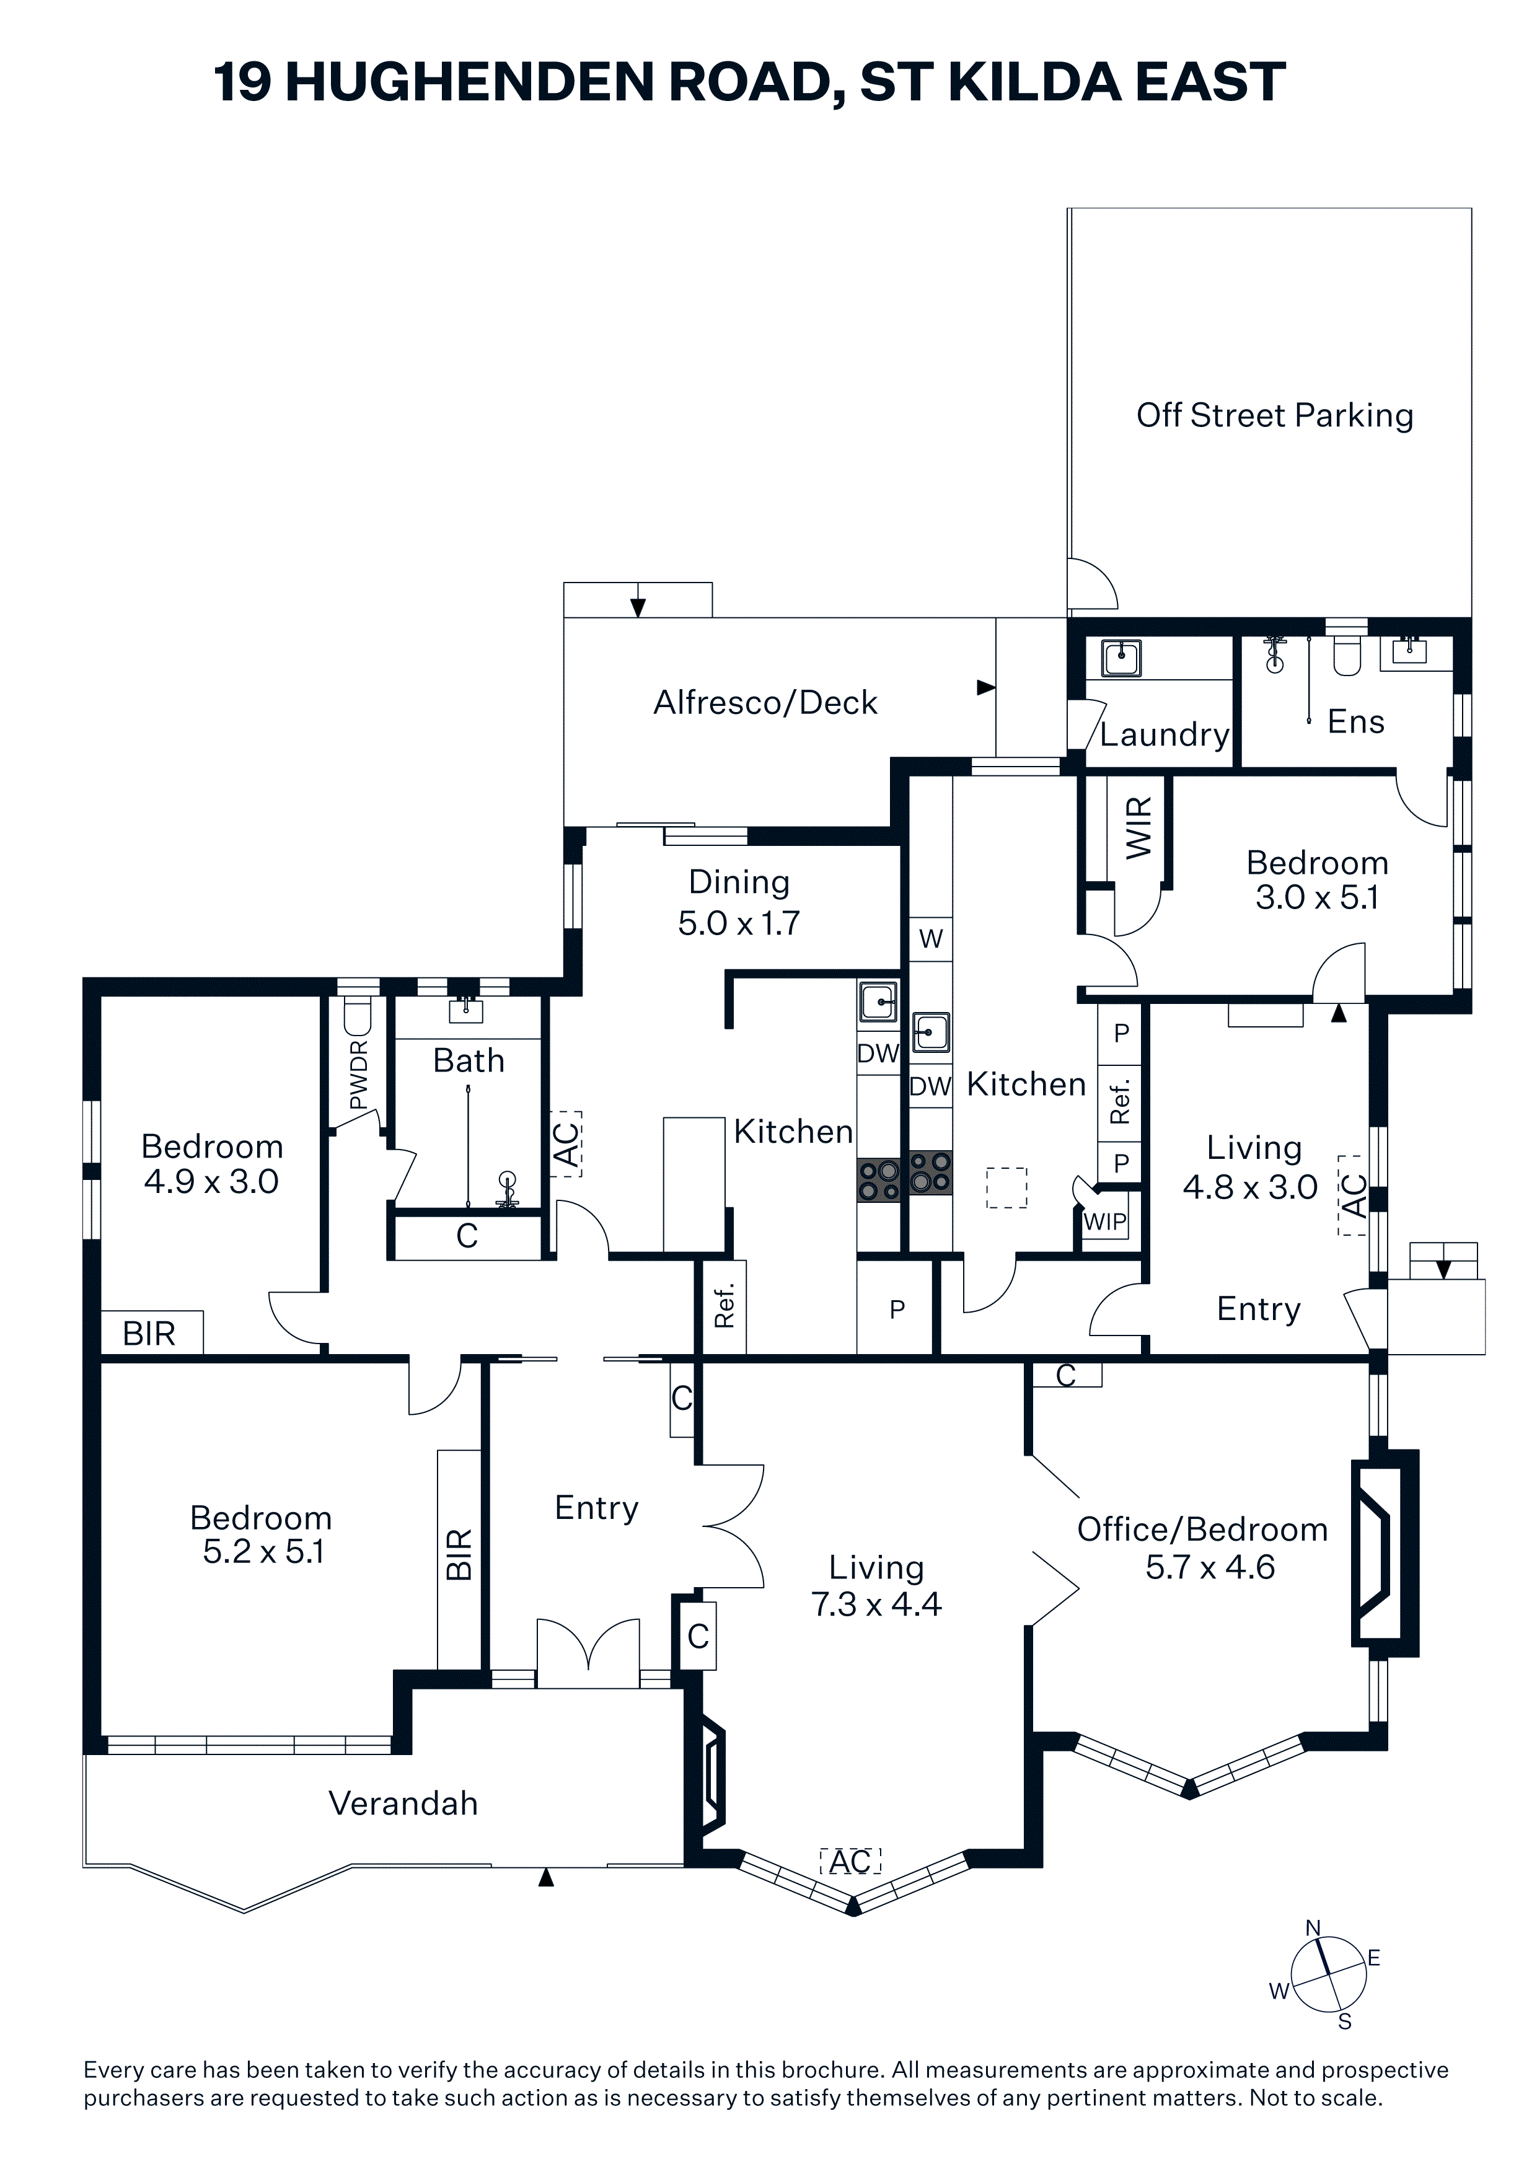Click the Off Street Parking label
click(x=1275, y=416)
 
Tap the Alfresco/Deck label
click(x=765, y=703)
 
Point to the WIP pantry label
click(x=1105, y=1221)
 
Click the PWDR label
click(x=358, y=1075)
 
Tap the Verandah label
click(x=403, y=1804)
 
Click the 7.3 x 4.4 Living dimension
click(x=876, y=1604)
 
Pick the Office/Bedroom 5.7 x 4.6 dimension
click(x=1210, y=1567)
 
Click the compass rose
click(x=1329, y=1975)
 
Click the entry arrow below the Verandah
click(x=545, y=1877)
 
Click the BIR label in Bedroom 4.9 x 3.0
click(x=149, y=1333)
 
